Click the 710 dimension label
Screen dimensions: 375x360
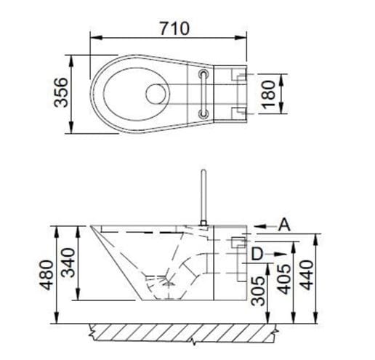(174, 28)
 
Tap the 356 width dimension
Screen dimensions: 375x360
(60, 92)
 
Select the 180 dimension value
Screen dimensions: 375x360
(269, 95)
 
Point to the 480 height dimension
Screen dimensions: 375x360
(47, 275)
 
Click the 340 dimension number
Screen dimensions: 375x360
(68, 263)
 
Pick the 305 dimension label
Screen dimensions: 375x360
(258, 291)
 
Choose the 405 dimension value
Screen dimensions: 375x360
(283, 279)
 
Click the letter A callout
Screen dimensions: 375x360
(284, 225)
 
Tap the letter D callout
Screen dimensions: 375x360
(257, 254)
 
